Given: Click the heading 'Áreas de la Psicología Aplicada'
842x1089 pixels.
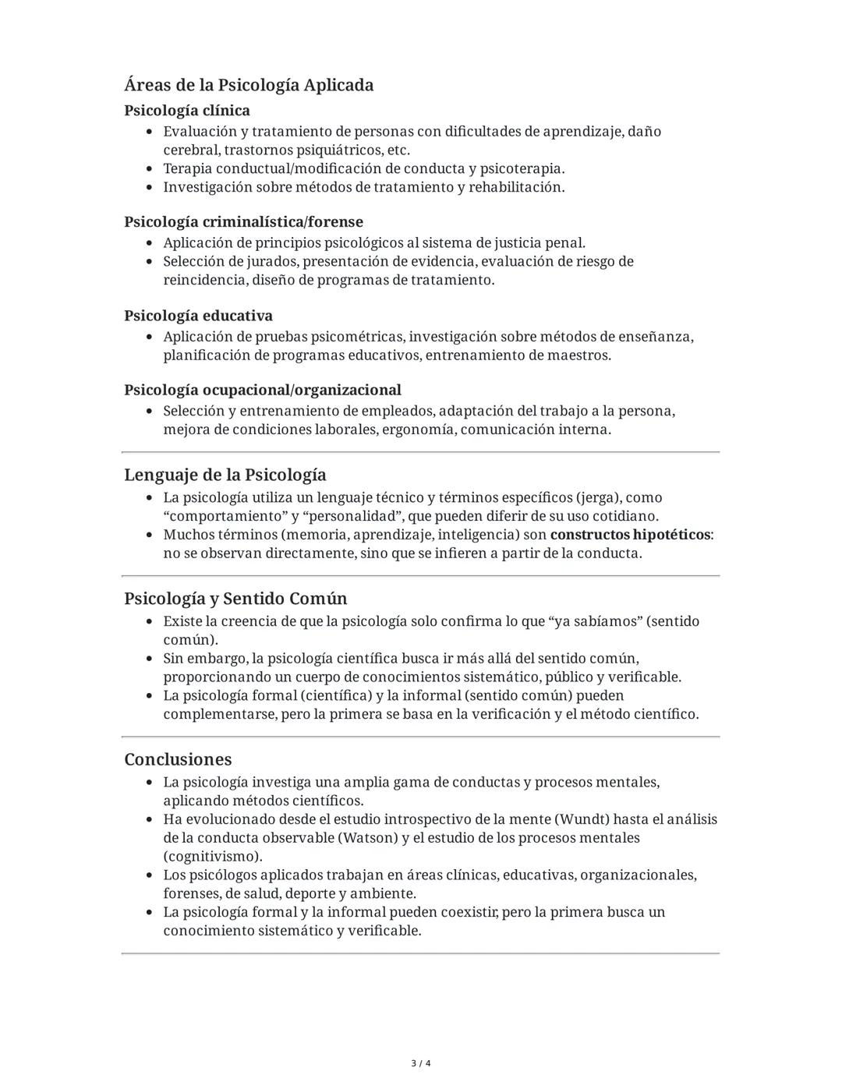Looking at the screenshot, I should click(249, 85).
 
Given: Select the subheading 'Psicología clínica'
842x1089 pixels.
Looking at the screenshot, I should click(187, 110).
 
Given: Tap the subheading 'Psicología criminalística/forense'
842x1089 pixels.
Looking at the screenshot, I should click(243, 221).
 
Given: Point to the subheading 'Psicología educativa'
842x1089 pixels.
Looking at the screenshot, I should click(198, 316).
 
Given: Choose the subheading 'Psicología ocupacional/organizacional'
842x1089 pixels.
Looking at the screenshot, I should click(263, 390).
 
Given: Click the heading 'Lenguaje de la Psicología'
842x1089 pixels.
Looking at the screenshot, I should click(225, 475).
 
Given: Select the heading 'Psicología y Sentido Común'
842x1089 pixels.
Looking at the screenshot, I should click(235, 599).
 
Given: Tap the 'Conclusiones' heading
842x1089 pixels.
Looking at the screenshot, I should click(178, 759).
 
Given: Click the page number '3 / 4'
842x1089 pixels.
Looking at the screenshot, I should click(421, 1063).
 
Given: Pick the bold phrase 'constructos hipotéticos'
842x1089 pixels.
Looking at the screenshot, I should click(630, 535).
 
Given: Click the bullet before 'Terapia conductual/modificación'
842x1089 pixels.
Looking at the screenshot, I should click(149, 168).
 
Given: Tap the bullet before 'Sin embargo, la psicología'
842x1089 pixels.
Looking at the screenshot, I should click(149, 659).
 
